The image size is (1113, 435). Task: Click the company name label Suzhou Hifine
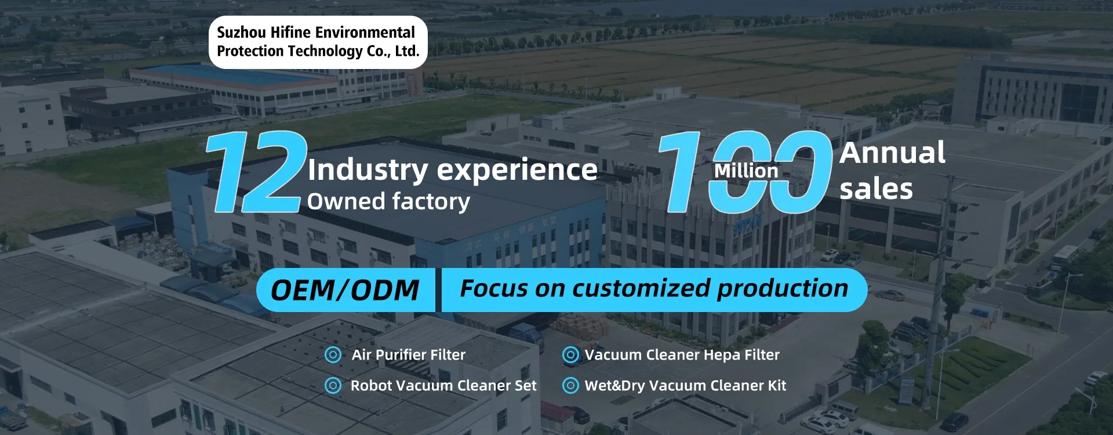[x=318, y=42]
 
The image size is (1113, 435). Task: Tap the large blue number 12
[x=256, y=172]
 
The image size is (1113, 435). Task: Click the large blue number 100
[x=745, y=172]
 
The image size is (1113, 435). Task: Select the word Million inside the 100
[x=746, y=171]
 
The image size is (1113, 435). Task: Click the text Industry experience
[x=452, y=170]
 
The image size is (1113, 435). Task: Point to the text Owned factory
[x=388, y=202]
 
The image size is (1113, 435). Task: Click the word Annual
[x=892, y=153]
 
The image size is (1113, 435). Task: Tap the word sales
[x=876, y=189]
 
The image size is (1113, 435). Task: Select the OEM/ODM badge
[x=345, y=290]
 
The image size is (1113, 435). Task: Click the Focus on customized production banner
[x=654, y=290]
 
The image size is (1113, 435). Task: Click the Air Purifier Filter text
[x=409, y=355]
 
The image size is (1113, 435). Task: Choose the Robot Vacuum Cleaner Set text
[x=443, y=386]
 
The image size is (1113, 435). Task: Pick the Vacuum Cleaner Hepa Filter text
[x=682, y=355]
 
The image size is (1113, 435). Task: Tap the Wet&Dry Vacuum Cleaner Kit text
[x=686, y=386]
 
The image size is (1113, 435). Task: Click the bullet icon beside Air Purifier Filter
[x=333, y=355]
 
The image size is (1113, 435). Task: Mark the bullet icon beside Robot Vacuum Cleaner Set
[x=333, y=385]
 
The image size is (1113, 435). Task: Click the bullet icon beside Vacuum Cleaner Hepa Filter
[x=570, y=355]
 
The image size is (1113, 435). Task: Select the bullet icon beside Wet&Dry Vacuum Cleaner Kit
[x=570, y=385]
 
